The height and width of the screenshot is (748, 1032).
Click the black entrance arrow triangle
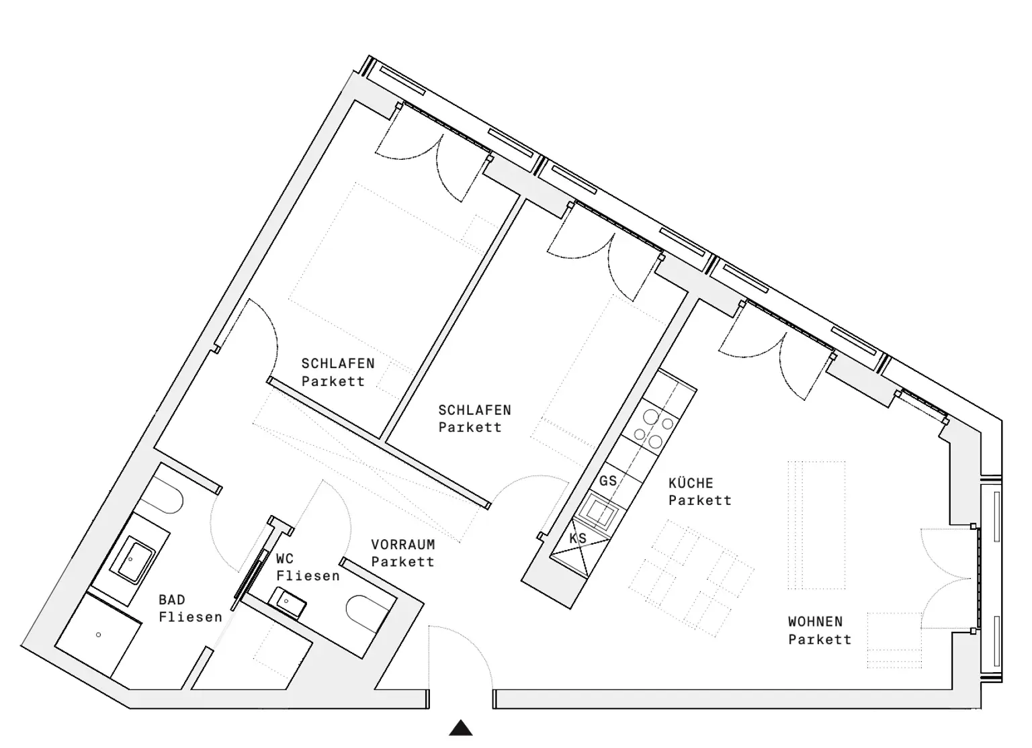coord(461,728)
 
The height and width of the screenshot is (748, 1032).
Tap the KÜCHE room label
coord(691,483)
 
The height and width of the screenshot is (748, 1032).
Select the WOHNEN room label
coord(815,622)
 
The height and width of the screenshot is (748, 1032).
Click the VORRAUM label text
coord(403,545)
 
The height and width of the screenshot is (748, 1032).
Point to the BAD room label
coord(172,600)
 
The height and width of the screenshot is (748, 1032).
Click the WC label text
coord(285,559)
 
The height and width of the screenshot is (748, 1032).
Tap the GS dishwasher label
coord(608,481)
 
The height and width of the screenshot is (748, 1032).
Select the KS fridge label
coord(578,538)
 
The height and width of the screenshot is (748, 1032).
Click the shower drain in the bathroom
coord(99,635)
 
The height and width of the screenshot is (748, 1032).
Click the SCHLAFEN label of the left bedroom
coord(337,363)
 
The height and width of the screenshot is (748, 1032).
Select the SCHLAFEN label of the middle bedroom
coord(474,410)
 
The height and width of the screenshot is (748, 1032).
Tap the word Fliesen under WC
coord(308,576)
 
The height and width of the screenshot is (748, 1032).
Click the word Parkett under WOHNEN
coord(820,639)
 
